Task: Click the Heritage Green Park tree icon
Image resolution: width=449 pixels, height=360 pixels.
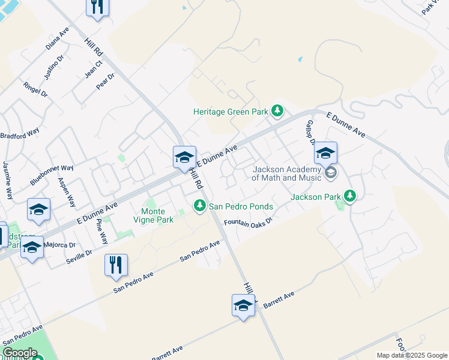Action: [x=277, y=111]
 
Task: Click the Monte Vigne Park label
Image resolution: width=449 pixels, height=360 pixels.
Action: [x=157, y=215]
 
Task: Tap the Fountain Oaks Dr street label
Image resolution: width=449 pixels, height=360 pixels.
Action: [x=249, y=221]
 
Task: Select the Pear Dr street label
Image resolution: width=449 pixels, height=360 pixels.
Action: [x=105, y=81]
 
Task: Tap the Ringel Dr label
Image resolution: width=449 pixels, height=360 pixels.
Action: [x=35, y=89]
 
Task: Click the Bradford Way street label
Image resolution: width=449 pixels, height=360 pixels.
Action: [x=20, y=132]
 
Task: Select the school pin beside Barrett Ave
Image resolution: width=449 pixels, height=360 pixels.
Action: [x=243, y=306]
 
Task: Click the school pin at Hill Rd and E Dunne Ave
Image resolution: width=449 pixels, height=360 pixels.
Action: [x=184, y=158]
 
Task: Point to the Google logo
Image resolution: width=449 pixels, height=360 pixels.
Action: [x=20, y=353]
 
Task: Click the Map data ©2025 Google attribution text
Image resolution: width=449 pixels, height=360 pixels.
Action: [x=411, y=355]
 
